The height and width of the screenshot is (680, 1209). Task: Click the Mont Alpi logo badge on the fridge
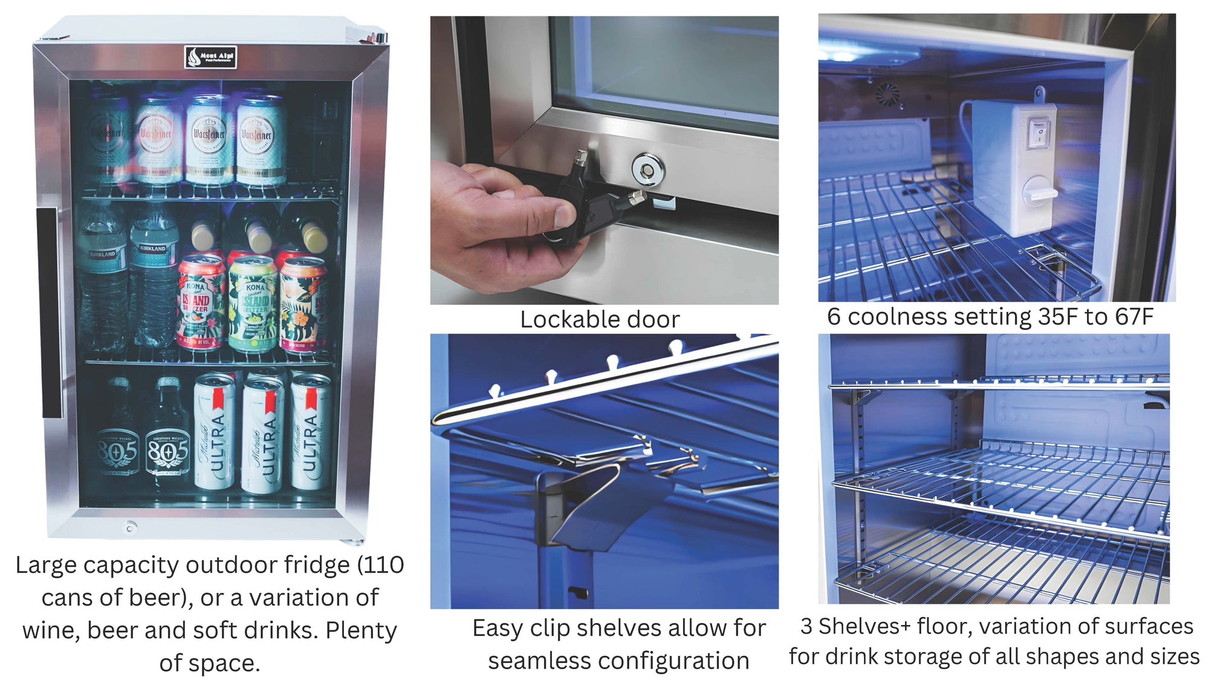tap(210, 57)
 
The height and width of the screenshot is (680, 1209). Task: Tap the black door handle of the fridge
tap(50, 312)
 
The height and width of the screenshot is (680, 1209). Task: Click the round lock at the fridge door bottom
tap(129, 527)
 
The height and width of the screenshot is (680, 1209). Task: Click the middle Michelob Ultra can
tap(262, 434)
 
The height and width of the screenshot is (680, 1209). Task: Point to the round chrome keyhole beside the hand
tap(648, 167)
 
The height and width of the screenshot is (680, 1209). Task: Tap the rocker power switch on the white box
tap(1038, 132)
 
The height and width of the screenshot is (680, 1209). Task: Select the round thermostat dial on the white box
tap(1038, 193)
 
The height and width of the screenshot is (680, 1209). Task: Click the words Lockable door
tap(600, 320)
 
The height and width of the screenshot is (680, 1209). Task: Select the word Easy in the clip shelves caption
tap(498, 629)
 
